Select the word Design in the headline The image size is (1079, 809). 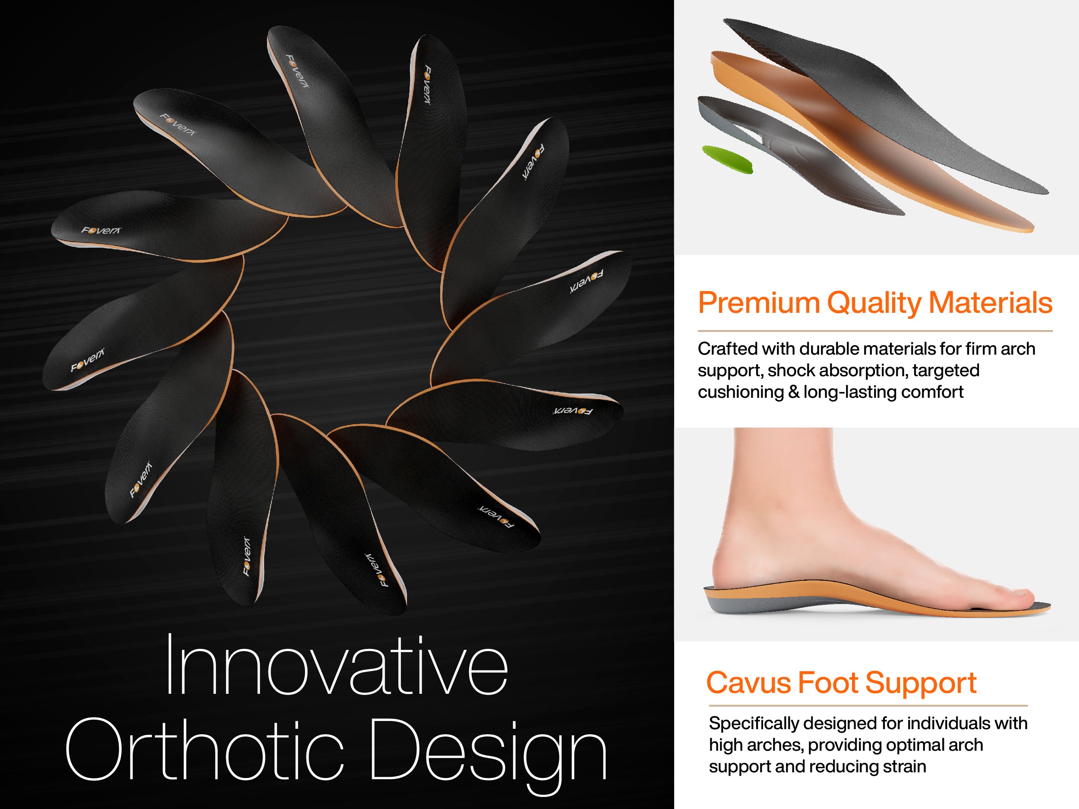489,757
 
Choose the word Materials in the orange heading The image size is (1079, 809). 990,303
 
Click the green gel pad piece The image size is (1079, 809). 727,158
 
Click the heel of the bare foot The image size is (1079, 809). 732,568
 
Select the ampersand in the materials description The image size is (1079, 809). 794,393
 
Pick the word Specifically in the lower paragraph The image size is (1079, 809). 754,724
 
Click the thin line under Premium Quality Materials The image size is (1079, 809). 875,331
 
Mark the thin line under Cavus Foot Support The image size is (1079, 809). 868,705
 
